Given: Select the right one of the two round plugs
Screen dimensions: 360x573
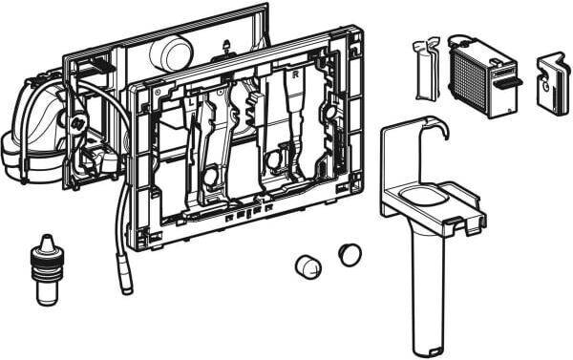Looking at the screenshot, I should click(350, 254).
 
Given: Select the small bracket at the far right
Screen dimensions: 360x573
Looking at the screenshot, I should click(551, 83).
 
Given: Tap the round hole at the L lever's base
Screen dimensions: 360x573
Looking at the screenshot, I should click(209, 178).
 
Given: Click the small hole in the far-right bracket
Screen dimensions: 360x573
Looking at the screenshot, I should click(550, 95).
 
